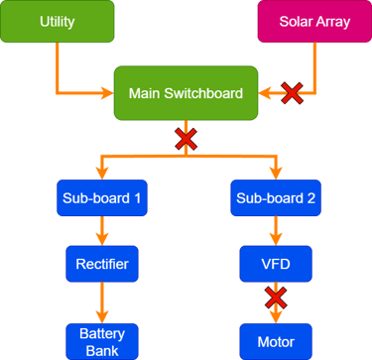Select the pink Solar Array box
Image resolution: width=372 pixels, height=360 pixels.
(312, 22)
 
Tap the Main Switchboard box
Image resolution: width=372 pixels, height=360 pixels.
(186, 94)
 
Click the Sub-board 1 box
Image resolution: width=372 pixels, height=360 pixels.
(100, 198)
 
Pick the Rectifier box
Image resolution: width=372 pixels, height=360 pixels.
(100, 265)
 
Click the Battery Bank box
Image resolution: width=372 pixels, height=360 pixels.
(100, 341)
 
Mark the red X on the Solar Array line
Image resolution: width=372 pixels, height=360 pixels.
(293, 94)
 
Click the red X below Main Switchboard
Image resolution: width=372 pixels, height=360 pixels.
(186, 139)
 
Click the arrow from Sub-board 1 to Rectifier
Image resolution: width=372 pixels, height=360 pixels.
(100, 231)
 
